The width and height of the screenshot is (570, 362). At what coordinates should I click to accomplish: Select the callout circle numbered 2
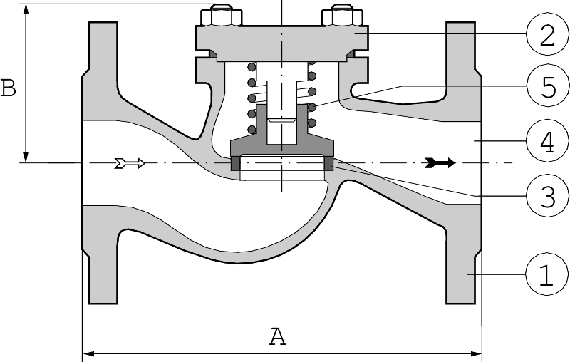pyautogui.click(x=546, y=35)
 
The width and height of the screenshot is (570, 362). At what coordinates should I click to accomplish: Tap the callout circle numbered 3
pyautogui.click(x=546, y=195)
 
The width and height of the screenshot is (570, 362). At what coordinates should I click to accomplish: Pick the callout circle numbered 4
pyautogui.click(x=546, y=141)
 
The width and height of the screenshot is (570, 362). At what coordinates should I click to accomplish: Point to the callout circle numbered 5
pyautogui.click(x=546, y=87)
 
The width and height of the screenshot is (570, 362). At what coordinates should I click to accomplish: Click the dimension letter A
pyautogui.click(x=277, y=336)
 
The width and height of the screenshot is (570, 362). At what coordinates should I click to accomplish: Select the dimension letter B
pyautogui.click(x=9, y=88)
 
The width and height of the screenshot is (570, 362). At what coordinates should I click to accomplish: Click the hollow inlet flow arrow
pyautogui.click(x=130, y=163)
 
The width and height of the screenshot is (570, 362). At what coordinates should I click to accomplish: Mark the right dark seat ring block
pyautogui.click(x=328, y=163)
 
